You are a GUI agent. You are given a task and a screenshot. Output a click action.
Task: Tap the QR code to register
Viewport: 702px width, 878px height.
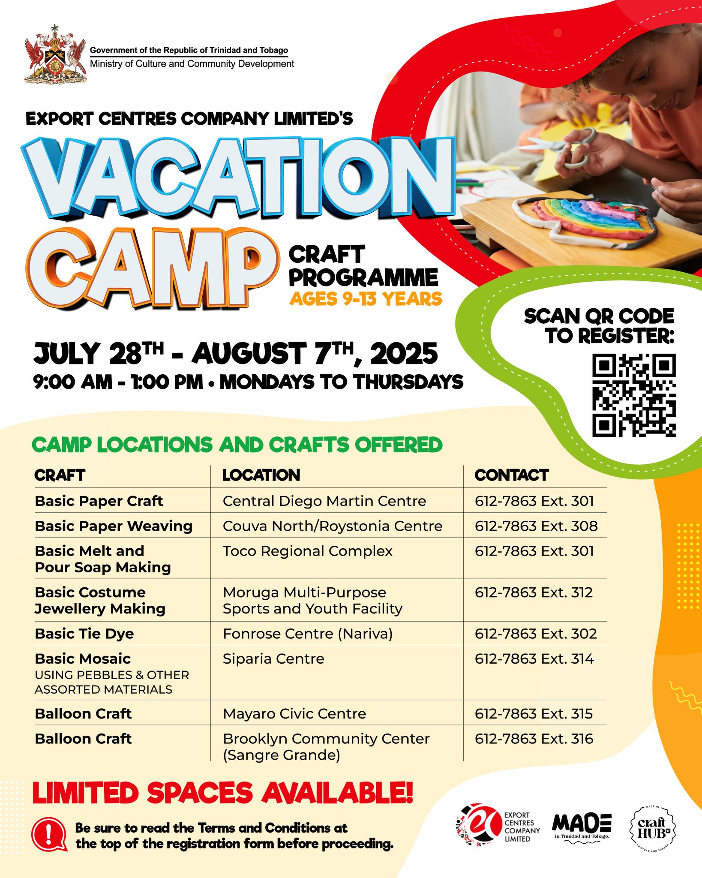(x=634, y=395)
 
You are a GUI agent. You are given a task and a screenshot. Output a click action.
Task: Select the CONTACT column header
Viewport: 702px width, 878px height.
(x=511, y=475)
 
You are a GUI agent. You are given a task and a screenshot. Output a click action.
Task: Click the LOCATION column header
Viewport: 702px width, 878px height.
(x=261, y=475)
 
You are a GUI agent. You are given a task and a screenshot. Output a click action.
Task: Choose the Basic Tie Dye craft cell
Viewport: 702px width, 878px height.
(x=84, y=633)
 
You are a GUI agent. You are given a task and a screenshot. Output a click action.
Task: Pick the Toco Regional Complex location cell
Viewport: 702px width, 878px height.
(x=307, y=551)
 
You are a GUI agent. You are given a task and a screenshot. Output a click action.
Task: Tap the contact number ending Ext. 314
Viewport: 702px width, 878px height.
(x=534, y=658)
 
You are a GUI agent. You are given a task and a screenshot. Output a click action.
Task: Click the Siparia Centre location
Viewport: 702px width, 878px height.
(x=273, y=658)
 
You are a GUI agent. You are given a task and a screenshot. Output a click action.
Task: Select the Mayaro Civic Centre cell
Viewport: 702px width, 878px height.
(x=294, y=713)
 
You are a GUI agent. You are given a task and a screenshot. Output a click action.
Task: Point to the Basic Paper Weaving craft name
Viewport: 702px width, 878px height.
(x=114, y=526)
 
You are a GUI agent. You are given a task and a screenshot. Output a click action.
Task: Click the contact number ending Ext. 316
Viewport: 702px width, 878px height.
(x=534, y=738)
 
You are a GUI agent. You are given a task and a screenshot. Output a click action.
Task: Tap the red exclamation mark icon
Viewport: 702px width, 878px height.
(x=50, y=835)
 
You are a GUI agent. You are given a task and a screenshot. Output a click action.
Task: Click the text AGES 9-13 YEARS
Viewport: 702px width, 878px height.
(x=366, y=299)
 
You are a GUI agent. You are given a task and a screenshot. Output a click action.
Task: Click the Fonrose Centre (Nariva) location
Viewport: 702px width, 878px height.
(x=308, y=634)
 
